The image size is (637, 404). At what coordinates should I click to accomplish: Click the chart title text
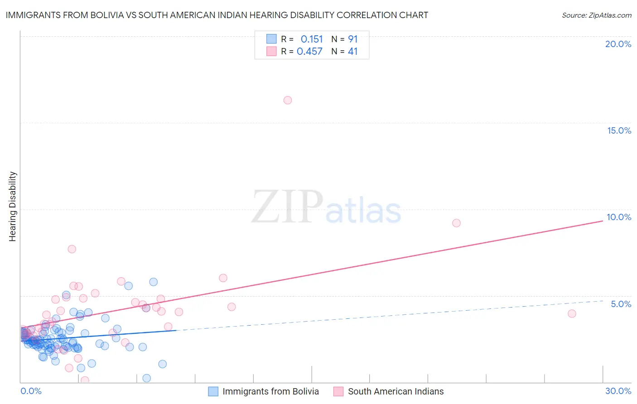click(217, 15)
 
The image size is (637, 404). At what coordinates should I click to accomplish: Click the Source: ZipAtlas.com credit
click(596, 15)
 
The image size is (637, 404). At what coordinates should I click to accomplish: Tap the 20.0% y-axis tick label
click(618, 44)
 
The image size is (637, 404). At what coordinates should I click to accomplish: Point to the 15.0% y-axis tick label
click(619, 130)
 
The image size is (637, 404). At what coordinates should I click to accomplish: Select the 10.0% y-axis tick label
click(619, 217)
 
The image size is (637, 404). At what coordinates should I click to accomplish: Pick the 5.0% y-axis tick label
click(621, 304)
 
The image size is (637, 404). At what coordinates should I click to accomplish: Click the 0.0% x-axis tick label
click(31, 391)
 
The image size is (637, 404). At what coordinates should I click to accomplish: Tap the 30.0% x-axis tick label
click(618, 391)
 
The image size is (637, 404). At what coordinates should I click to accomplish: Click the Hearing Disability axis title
click(13, 207)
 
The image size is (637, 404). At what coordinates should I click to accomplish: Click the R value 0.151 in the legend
click(312, 39)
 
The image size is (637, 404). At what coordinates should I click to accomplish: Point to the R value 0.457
click(309, 52)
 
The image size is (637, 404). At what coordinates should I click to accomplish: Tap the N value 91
click(352, 39)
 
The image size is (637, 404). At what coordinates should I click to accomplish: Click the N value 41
click(352, 52)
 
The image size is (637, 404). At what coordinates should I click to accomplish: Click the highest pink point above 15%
click(288, 100)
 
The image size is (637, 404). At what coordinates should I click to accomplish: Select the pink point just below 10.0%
click(456, 223)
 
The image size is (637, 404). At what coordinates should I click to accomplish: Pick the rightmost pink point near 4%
click(572, 313)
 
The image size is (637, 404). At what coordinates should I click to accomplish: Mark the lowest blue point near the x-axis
click(146, 378)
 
